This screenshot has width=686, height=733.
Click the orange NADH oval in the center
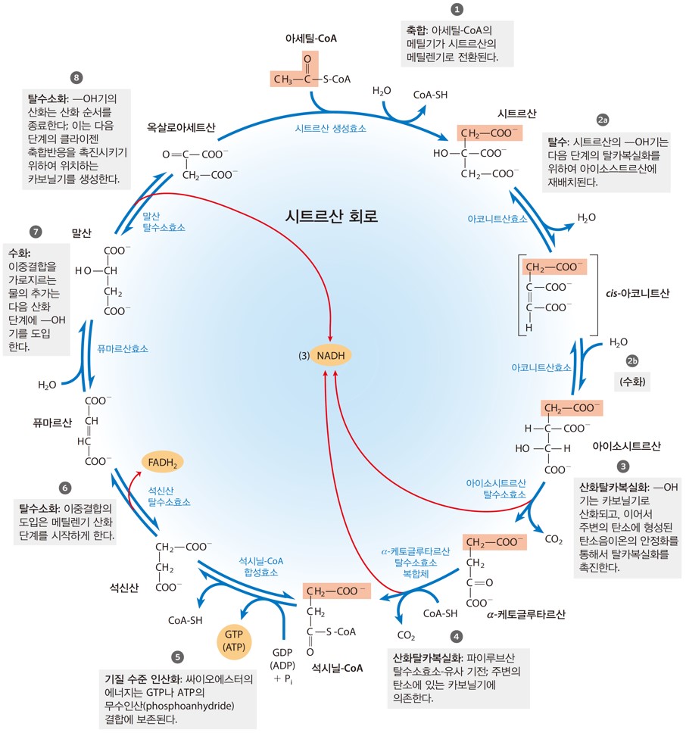(x=331, y=356)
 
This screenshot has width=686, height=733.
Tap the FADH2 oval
(x=163, y=463)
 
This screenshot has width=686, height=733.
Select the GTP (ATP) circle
(x=234, y=641)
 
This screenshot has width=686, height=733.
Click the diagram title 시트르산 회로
(x=332, y=216)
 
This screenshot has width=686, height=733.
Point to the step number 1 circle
(x=457, y=9)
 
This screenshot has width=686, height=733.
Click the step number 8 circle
(x=76, y=77)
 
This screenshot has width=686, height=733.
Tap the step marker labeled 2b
(x=632, y=361)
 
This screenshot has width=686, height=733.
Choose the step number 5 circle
(x=177, y=657)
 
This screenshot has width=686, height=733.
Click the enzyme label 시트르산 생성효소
(x=331, y=129)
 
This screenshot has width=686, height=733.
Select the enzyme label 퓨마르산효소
(x=123, y=349)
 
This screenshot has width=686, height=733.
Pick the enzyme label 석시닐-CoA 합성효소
(x=261, y=566)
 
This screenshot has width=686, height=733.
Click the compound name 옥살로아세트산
(x=181, y=128)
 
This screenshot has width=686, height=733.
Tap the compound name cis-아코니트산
(x=638, y=293)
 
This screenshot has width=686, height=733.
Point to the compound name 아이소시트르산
(x=627, y=446)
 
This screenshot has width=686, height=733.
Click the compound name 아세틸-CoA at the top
(x=311, y=39)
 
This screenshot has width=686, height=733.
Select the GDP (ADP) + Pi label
(x=283, y=666)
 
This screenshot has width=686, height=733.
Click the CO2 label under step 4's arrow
(x=406, y=636)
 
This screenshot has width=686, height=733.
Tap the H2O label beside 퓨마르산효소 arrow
(x=47, y=385)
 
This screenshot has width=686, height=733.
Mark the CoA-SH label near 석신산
(x=186, y=620)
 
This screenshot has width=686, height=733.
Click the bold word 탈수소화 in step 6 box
(x=39, y=509)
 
